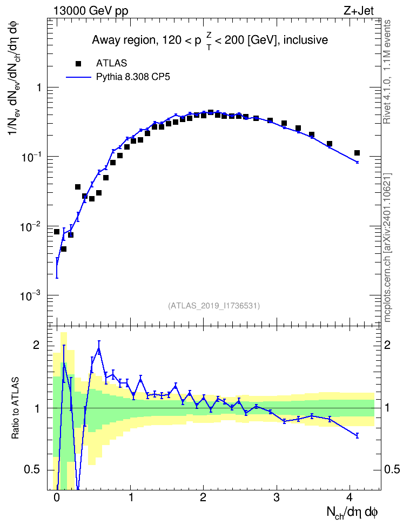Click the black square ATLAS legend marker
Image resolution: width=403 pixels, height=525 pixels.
click(78, 63)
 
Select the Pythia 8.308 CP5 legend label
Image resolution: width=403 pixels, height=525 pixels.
click(133, 77)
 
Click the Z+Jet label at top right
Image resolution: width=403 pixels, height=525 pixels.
click(359, 11)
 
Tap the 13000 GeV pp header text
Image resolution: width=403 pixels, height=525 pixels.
click(91, 11)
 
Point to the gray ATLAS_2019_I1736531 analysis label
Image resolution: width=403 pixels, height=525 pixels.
click(214, 305)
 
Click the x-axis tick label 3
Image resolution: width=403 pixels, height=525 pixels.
click(277, 497)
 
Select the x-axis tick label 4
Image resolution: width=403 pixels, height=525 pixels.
click(350, 497)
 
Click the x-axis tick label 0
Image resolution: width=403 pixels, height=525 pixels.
click(57, 497)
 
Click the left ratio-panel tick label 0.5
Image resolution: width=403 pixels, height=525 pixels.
click(32, 469)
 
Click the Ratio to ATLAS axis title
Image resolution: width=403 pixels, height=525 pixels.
click(15, 408)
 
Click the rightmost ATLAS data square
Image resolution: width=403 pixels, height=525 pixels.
click(357, 153)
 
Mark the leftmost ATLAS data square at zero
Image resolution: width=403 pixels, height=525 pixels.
click(57, 232)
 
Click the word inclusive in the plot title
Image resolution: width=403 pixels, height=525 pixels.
click(306, 40)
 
